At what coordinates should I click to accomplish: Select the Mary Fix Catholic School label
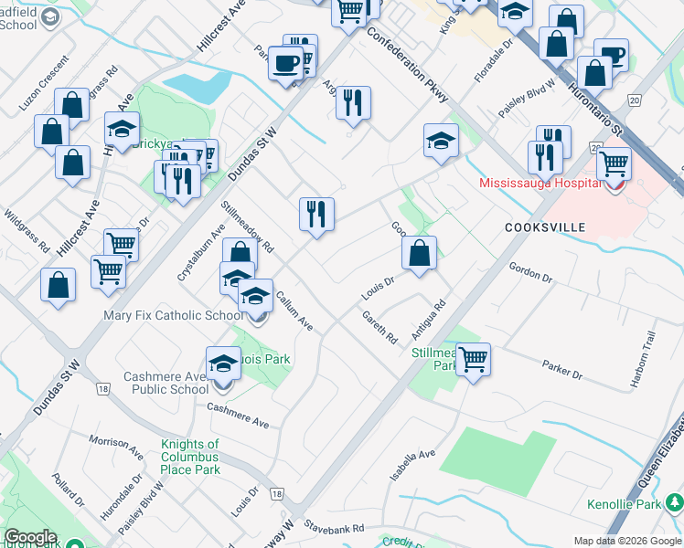[173, 316]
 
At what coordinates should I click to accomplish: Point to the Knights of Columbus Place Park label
[190, 457]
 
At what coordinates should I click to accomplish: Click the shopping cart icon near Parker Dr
[473, 359]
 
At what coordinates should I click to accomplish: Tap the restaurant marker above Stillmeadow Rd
[316, 215]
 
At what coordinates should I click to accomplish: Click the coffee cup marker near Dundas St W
[285, 64]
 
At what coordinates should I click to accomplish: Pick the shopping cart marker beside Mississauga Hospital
[614, 164]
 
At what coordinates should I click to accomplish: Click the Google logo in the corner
[30, 537]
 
